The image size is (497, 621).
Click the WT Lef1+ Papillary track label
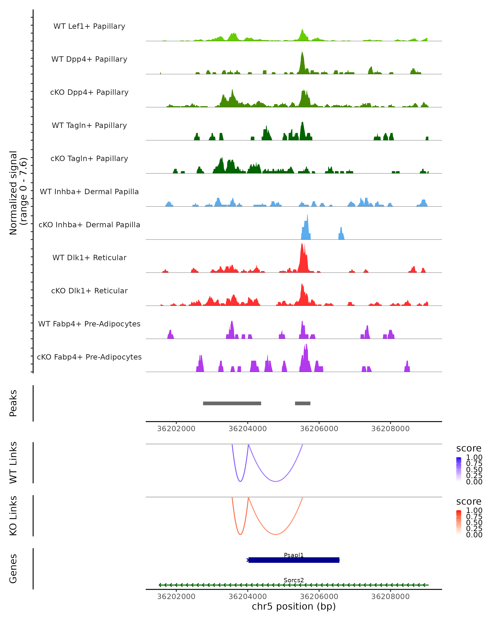pyautogui.click(x=89, y=26)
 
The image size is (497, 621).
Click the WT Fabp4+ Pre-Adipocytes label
pyautogui.click(x=89, y=324)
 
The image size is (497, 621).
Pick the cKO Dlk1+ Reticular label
pyautogui.click(x=89, y=291)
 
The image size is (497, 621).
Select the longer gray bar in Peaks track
pyautogui.click(x=232, y=403)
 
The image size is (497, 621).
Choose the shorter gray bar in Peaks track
pyautogui.click(x=303, y=403)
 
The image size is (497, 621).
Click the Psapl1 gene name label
pyautogui.click(x=294, y=555)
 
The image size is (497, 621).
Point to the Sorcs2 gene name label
pyautogui.click(x=294, y=580)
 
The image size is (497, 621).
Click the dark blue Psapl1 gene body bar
pyautogui.click(x=294, y=560)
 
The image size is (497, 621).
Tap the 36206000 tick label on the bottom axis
pyautogui.click(x=319, y=596)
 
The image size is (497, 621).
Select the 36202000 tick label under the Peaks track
pyautogui.click(x=176, y=429)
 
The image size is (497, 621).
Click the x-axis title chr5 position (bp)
pyautogui.click(x=294, y=606)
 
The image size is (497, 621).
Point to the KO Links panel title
pyautogui.click(x=13, y=516)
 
